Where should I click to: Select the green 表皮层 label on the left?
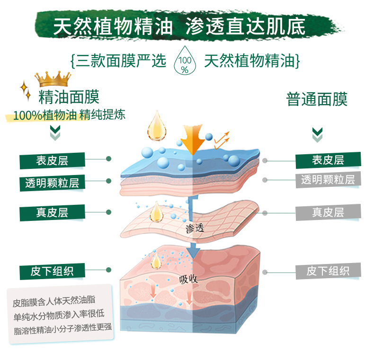click(52, 160)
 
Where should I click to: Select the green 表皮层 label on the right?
click(328, 160)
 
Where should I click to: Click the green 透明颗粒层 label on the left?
click(52, 182)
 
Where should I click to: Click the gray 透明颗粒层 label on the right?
click(328, 179)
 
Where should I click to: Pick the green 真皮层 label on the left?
click(52, 212)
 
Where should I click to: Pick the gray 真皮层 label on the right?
click(328, 212)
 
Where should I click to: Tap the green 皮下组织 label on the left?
click(52, 272)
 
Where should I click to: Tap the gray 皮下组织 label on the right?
click(328, 271)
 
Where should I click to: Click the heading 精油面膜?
click(69, 98)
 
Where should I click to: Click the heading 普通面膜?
click(317, 99)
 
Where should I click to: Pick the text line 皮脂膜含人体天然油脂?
click(53, 300)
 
